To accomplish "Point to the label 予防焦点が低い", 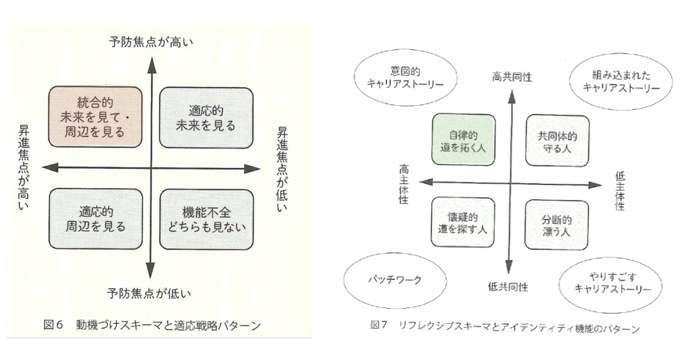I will click(148, 294).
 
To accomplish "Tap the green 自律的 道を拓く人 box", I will click(463, 139).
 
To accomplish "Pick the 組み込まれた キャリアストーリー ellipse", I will click(621, 81).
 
